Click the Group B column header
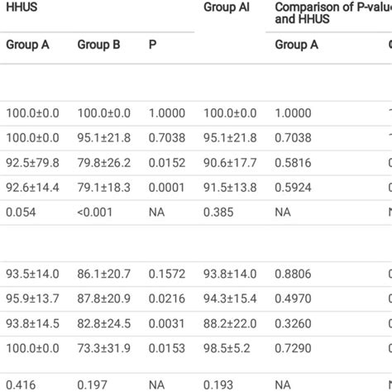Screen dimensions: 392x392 coord(98,45)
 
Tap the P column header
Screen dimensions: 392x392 coord(153,45)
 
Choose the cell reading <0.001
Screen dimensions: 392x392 coord(94,213)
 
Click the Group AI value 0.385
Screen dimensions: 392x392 coord(218,213)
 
